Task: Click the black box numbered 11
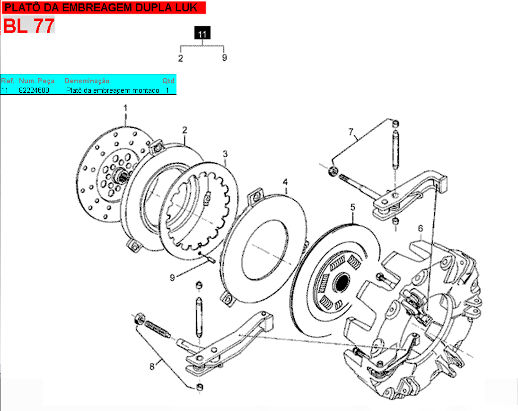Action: [x=202, y=33]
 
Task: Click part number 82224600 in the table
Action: [x=34, y=90]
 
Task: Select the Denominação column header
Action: [x=87, y=81]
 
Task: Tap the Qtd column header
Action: [x=168, y=81]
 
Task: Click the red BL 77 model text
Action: [x=29, y=26]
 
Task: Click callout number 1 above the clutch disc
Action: [x=125, y=108]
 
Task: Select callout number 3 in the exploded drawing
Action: [x=225, y=154]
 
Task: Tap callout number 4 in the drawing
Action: [x=285, y=182]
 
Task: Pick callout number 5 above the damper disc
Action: [x=353, y=207]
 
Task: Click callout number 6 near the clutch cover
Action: [x=420, y=228]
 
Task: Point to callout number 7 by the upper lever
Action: [x=351, y=132]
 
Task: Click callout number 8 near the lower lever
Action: [x=152, y=366]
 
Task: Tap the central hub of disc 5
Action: [x=341, y=282]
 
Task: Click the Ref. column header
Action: [x=8, y=81]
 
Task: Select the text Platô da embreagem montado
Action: [x=113, y=90]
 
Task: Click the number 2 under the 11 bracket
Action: [x=180, y=59]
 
